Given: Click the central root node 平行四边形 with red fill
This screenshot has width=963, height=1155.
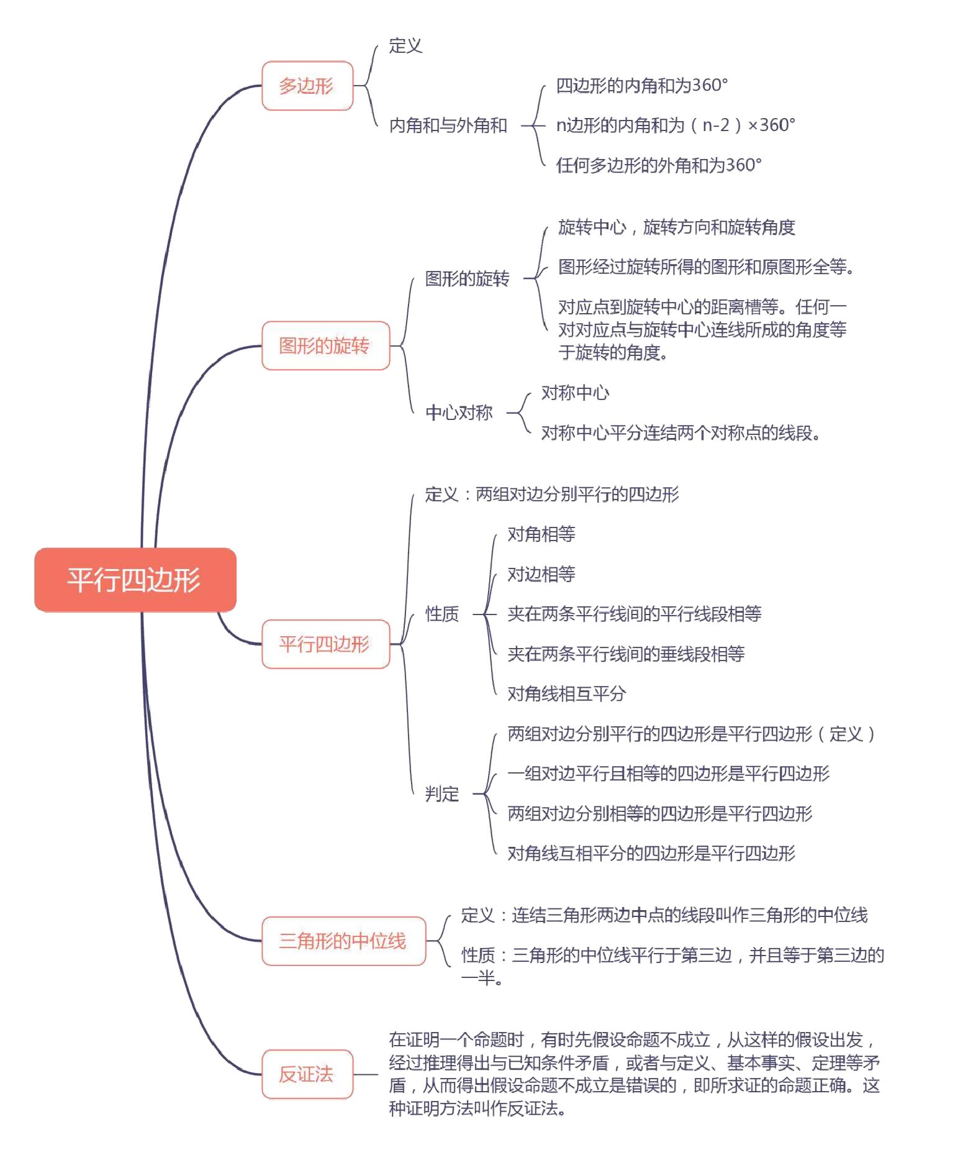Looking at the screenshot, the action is pos(135,580).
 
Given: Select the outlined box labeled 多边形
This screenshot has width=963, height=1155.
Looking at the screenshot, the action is pos(307,86).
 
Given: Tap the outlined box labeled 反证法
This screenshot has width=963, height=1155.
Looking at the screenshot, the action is pos(307,1074).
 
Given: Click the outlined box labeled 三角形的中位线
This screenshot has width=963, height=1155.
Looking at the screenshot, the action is pos(343,941).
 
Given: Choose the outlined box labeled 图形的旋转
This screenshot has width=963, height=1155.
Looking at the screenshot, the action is pos(325,345).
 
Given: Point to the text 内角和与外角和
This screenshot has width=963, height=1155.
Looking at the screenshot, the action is pos(448,126).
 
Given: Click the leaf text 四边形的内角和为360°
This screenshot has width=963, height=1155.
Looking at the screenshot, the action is pos(641,85).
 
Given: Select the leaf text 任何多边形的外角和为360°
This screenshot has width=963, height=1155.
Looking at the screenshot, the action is pos(658,165).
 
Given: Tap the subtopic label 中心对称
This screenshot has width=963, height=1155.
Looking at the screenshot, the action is pos(459,413).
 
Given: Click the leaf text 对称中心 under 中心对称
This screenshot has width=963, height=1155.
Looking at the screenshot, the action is pos(575,393).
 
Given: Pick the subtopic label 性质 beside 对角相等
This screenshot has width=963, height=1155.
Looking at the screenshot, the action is pos(442,614).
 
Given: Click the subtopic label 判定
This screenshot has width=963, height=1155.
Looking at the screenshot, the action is pos(442,793).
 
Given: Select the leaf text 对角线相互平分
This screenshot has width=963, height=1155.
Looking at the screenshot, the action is pos(566,693).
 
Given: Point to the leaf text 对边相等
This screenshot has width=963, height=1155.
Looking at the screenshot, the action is pos(541,574).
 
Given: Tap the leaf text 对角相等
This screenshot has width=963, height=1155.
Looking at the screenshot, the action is pos(541,534).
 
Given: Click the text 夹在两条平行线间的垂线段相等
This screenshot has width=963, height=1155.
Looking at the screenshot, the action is pos(626,654).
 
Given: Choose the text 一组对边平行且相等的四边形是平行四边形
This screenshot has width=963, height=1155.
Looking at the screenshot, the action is pos(668,774).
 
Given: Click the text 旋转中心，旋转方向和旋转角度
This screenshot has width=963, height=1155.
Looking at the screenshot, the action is pos(676,227).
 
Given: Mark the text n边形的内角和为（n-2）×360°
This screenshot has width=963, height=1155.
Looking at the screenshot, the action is pos(676,126).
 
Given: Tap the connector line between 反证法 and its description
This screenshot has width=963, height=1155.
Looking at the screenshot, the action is pos(366,1074).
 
